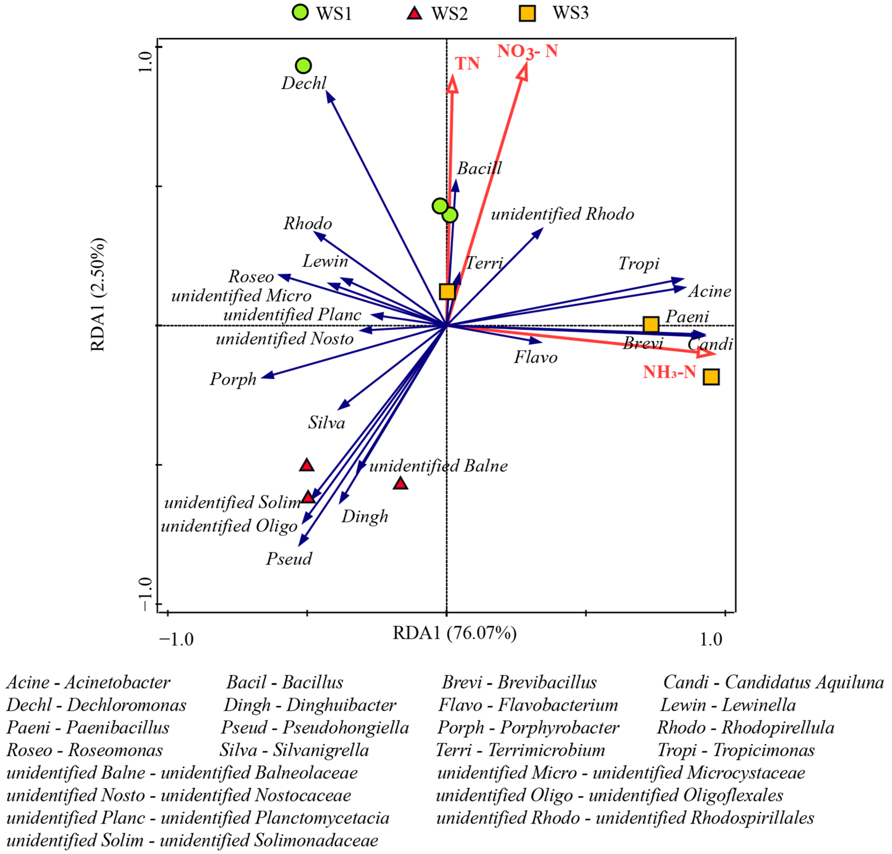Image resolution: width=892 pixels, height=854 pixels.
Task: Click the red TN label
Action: coord(467,64)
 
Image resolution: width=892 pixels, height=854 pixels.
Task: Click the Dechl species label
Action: coord(304,83)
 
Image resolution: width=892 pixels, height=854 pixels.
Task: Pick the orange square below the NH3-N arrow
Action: coord(711,377)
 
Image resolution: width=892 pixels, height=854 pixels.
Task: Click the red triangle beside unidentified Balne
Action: coord(400,483)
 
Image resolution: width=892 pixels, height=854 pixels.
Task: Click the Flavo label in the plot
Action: coord(536,357)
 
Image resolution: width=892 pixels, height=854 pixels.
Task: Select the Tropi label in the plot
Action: coord(639,263)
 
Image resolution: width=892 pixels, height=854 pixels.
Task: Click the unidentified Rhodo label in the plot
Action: coord(562,214)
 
